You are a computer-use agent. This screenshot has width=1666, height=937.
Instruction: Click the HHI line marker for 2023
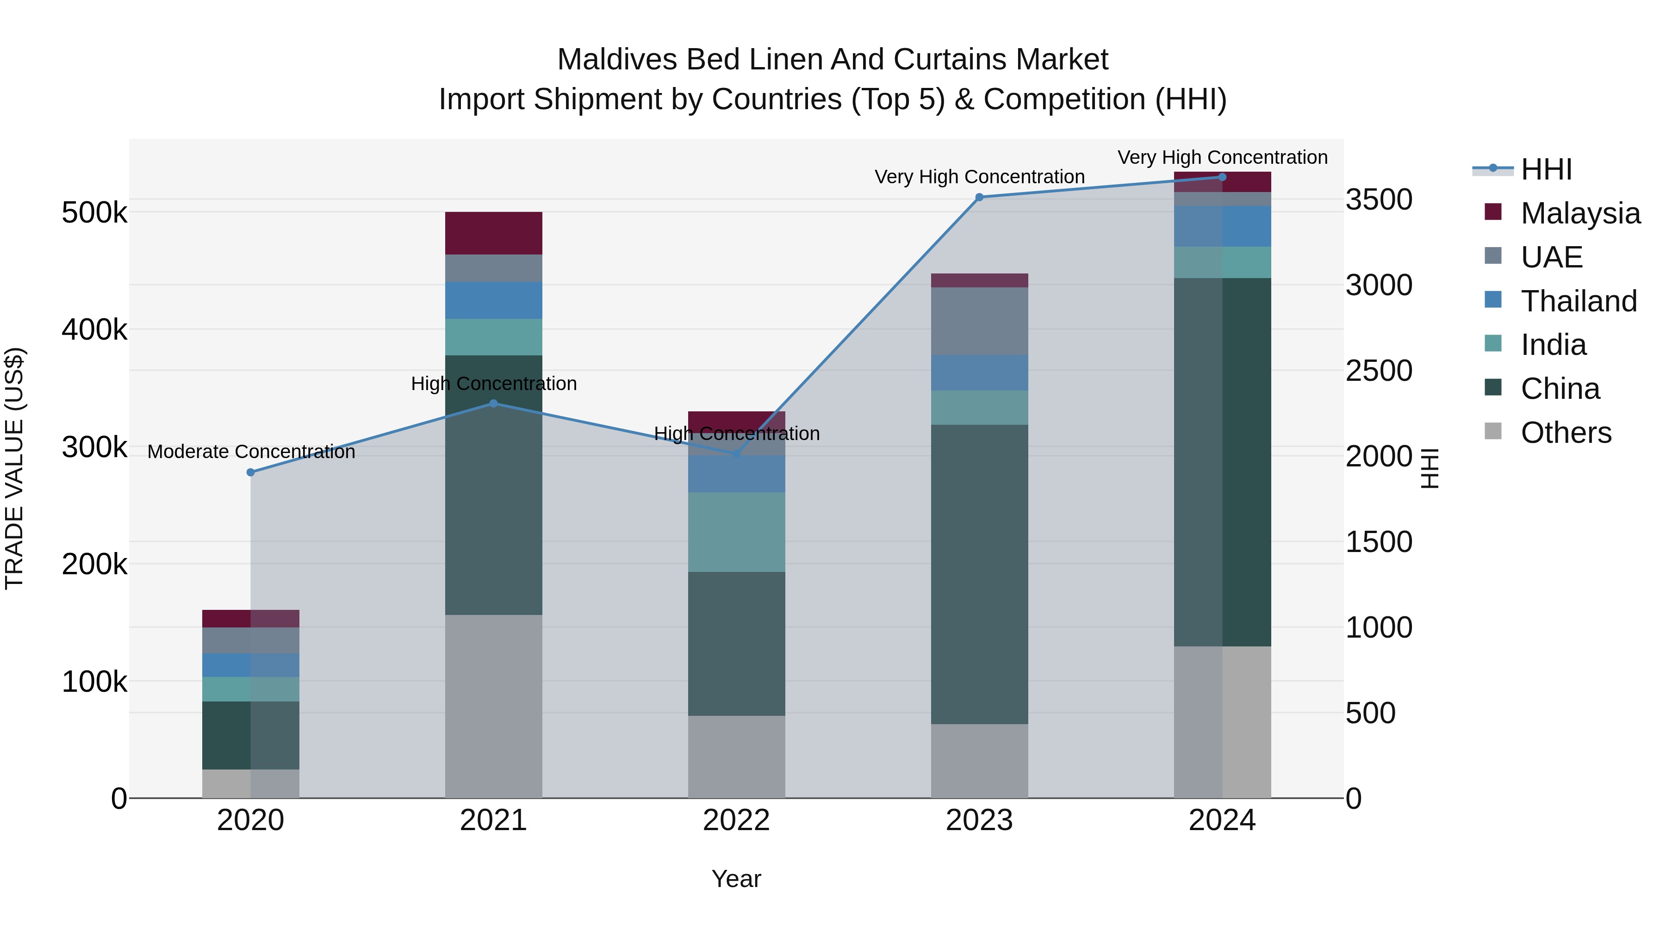pyautogui.click(x=979, y=197)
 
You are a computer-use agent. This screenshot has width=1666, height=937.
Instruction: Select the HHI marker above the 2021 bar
pyautogui.click(x=493, y=403)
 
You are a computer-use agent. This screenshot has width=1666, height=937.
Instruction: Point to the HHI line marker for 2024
pyautogui.click(x=1222, y=177)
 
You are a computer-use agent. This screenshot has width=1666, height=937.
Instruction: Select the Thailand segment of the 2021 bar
pyautogui.click(x=493, y=300)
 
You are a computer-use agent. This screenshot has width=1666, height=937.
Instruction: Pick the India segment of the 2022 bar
pyautogui.click(x=737, y=532)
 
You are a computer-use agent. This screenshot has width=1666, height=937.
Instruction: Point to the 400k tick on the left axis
pyautogui.click(x=94, y=330)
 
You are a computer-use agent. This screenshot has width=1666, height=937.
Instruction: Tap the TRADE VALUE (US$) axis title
pyautogui.click(x=15, y=468)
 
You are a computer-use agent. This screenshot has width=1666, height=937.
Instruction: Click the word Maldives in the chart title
pyautogui.click(x=617, y=60)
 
